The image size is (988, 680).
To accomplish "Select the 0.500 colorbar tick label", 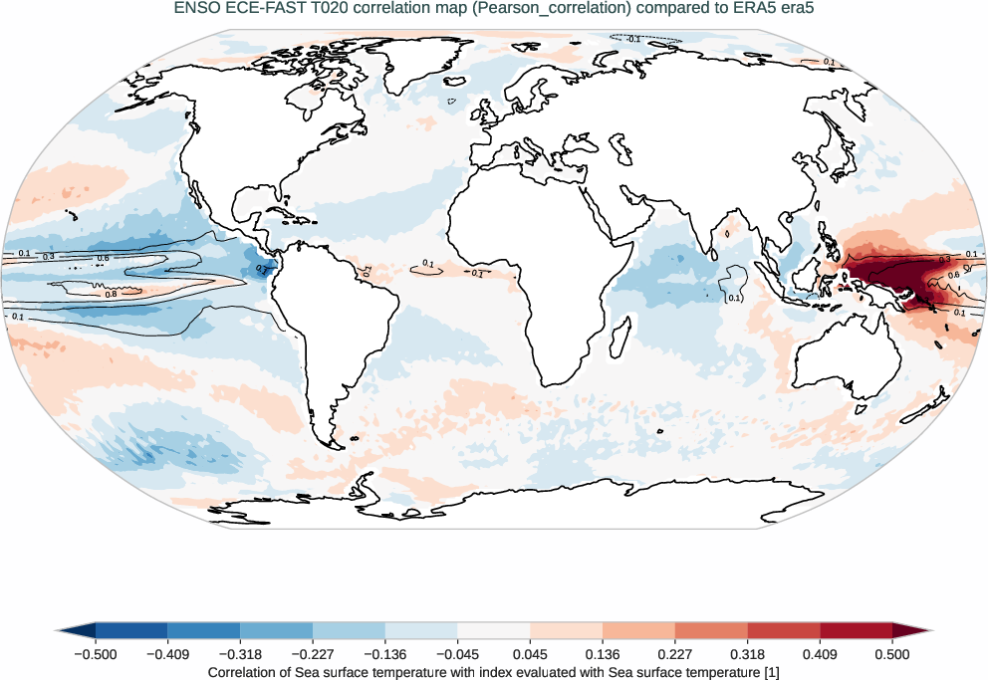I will pos(892,654).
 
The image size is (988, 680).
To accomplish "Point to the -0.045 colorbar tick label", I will pos(457,654).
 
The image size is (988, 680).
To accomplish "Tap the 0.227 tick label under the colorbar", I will pos(675,654).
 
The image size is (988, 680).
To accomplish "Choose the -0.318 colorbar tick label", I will pos(240,654).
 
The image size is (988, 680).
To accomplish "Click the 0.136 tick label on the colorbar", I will pos(603,654).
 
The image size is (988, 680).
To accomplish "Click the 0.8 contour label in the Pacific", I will pos(111,294).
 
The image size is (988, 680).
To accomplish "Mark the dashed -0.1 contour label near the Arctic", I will pos(633,39).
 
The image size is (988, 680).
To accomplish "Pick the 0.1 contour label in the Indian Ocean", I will pos(735,298).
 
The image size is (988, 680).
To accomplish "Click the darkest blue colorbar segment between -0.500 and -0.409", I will pos(131,630).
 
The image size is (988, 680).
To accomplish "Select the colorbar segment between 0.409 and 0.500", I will pos(857,630).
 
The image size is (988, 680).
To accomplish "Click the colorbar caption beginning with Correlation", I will pos(494,672).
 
